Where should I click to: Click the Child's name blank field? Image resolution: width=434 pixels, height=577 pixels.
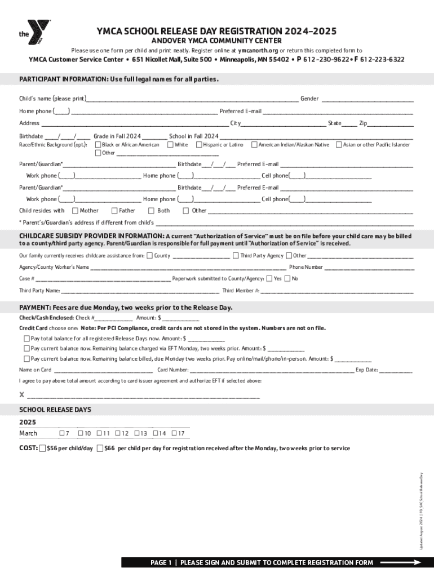click(192, 99)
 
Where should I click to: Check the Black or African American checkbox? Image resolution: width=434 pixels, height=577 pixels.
click(98, 145)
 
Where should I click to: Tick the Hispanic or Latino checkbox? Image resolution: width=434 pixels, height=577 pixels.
click(199, 145)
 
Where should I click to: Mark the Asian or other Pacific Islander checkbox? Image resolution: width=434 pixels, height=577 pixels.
click(339, 145)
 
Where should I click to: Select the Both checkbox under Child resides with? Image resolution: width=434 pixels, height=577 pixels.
click(151, 211)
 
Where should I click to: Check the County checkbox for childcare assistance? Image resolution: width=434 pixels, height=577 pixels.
click(149, 256)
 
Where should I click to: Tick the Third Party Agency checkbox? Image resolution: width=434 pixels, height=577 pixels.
click(236, 256)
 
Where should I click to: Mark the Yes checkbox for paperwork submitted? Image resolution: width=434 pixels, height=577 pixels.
click(269, 278)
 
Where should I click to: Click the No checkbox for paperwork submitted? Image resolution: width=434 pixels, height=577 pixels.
click(287, 278)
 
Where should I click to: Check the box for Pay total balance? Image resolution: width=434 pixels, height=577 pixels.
click(26, 339)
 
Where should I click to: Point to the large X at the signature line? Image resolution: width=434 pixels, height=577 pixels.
click(22, 395)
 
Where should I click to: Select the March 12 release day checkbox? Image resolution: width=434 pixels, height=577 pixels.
click(118, 433)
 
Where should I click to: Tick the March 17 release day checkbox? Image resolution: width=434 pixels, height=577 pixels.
click(174, 433)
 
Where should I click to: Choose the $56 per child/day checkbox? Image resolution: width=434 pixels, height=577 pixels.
click(43, 449)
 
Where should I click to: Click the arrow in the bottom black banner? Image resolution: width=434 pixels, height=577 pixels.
click(400, 562)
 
